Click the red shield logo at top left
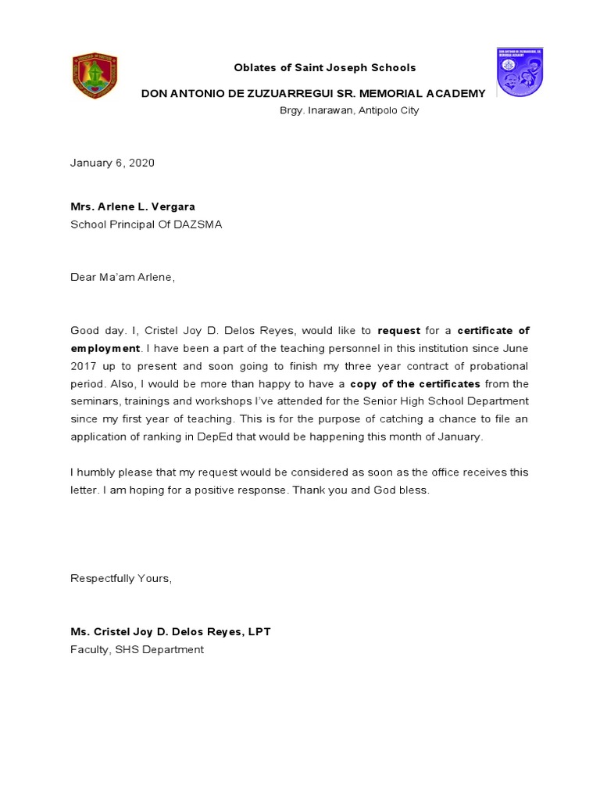click(x=95, y=76)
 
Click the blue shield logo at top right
click(x=520, y=73)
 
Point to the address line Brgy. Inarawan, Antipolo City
click(x=349, y=111)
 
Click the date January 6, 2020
click(x=112, y=163)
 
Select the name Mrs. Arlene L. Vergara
click(x=133, y=207)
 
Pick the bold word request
click(x=398, y=332)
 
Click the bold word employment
click(x=105, y=349)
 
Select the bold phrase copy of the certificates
click(x=415, y=384)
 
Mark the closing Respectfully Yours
click(x=120, y=579)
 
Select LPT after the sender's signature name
click(x=259, y=632)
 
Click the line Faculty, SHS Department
click(x=137, y=650)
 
